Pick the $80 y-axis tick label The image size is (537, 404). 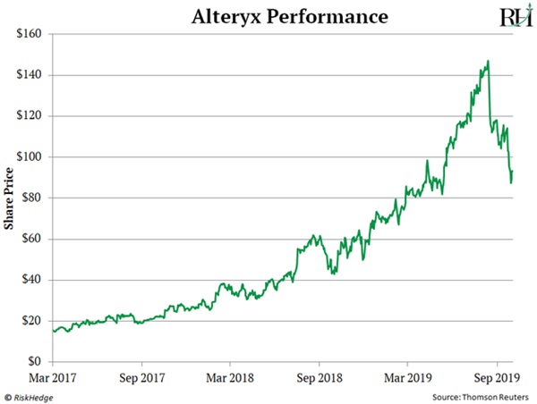32,198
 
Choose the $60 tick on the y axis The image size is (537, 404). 32,239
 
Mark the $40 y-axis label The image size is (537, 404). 32,280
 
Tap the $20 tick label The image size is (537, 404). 32,321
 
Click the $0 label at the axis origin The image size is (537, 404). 36,362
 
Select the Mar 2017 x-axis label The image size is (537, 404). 53,378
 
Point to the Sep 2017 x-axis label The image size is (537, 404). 141,378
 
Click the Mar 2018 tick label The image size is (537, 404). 230,378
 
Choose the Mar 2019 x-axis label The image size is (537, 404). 408,378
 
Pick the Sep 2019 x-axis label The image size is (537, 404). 498,378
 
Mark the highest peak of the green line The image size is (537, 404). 488,61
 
